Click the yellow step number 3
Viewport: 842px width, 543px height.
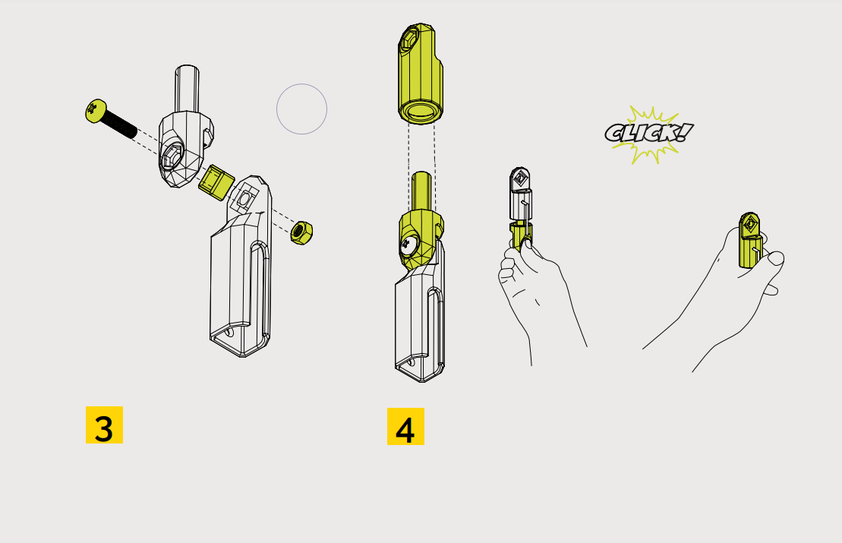point(104,425)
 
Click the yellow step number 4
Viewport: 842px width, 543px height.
point(405,427)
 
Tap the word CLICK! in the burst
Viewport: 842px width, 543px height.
point(648,133)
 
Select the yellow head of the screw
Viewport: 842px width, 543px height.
point(96,111)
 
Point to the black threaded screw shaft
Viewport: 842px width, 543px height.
point(118,124)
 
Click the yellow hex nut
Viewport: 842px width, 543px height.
point(301,232)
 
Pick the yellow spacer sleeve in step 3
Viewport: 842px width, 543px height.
point(216,182)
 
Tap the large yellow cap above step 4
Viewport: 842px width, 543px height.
point(421,74)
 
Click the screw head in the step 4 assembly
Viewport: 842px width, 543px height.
point(408,245)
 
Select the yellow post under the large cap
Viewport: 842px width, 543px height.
point(421,191)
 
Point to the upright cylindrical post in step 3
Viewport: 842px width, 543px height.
point(187,89)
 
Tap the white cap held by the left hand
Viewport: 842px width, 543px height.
point(520,194)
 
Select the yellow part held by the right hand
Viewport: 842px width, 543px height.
point(749,240)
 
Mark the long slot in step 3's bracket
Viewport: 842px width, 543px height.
point(260,290)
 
